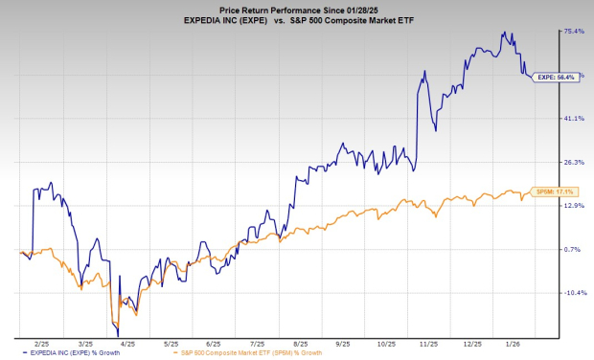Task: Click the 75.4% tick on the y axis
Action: tap(574, 31)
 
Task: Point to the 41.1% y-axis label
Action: tap(574, 118)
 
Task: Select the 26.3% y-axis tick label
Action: tap(574, 161)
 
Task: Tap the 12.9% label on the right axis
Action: tap(574, 205)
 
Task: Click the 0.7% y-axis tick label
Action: tap(574, 249)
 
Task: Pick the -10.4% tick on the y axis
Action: tap(574, 293)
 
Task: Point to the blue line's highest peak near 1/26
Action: tap(505, 32)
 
